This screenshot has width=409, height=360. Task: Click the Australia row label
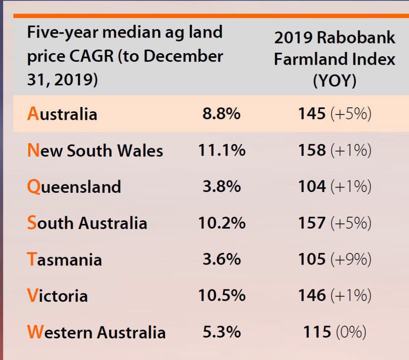point(62,114)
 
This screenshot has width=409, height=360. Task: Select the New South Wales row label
point(95,151)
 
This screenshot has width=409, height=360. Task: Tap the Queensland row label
point(74,187)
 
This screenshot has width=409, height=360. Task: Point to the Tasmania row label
point(64,260)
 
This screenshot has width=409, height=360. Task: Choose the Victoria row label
point(57,296)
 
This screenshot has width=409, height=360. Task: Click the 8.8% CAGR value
point(222,114)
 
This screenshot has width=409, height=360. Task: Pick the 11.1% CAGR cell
point(222,150)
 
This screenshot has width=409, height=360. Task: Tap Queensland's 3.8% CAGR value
point(222,187)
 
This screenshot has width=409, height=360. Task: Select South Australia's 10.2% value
point(222,223)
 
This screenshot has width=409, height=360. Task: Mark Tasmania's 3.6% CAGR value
point(222,259)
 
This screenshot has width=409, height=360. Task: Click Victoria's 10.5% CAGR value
point(222,296)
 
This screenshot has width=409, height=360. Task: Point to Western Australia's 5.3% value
point(222,332)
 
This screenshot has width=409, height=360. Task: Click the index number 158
point(312,150)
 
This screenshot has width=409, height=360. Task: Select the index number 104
point(312,187)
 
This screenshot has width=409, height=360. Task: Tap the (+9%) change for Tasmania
point(351,260)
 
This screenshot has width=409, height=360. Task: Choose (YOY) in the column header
point(335,81)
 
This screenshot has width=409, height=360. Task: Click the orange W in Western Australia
point(34,332)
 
